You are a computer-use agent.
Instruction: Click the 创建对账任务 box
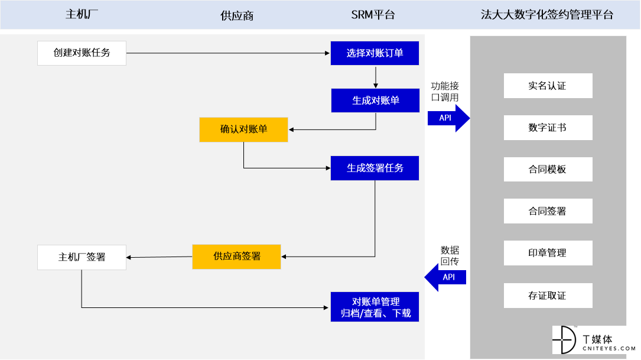coord(82,53)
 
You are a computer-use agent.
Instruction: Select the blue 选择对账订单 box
coord(375,53)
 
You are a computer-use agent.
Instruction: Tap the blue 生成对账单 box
coord(375,100)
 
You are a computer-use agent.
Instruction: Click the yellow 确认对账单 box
coord(243,129)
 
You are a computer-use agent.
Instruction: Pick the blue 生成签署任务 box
coord(375,168)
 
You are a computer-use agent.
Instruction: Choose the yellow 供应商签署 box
coord(237,257)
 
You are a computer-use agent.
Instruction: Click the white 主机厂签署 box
coord(82,257)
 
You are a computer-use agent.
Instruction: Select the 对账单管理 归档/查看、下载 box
coord(375,307)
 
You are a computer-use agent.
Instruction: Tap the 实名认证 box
coord(548,86)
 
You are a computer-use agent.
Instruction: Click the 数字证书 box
coord(548,128)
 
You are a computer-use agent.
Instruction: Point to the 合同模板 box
coord(548,170)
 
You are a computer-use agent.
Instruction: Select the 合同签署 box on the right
coord(548,211)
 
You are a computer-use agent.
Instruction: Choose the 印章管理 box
coord(548,253)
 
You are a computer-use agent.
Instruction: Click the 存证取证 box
coord(548,296)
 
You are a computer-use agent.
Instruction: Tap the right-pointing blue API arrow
coord(448,118)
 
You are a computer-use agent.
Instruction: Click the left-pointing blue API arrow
coord(445,277)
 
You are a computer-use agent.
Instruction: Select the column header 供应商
coord(237,15)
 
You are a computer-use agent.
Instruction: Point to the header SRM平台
coord(373,15)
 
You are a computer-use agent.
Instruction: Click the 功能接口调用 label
coord(445,92)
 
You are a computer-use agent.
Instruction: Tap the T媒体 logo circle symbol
coord(565,339)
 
